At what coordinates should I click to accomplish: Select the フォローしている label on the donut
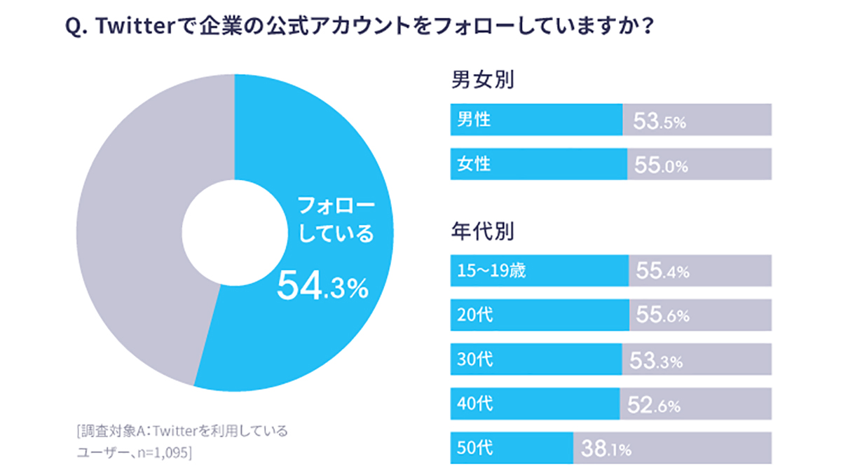click(x=336, y=220)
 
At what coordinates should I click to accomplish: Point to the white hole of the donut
click(x=234, y=231)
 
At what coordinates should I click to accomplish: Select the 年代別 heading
click(x=483, y=231)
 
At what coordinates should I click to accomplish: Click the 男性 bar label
click(x=474, y=120)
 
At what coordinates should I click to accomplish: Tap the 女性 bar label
click(x=474, y=164)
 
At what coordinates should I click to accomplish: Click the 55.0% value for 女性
click(x=661, y=166)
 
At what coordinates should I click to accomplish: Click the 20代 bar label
click(x=474, y=315)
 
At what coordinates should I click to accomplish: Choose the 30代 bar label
click(x=474, y=359)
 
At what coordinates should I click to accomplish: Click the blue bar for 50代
click(x=512, y=448)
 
